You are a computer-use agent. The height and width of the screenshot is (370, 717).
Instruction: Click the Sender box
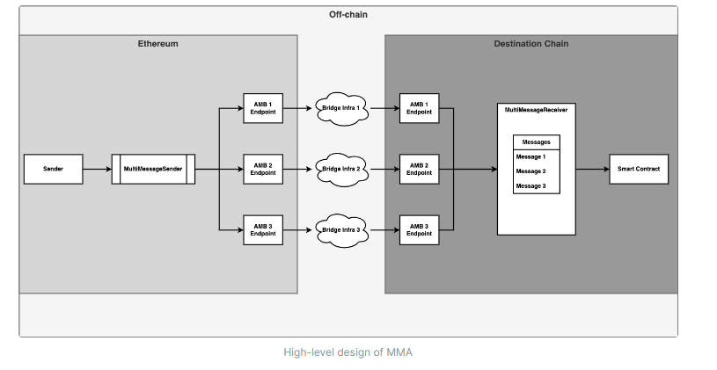coord(53,169)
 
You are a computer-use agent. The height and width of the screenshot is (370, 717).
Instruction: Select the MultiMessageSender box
coord(153,169)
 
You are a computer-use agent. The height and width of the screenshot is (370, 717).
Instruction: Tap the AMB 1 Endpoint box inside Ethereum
coord(262,108)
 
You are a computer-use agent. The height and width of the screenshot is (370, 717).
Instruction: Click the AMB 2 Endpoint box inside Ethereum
coord(262,169)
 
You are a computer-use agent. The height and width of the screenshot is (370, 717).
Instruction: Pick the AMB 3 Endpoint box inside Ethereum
coord(262,229)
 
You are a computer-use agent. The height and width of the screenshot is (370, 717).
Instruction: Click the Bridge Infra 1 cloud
coord(342,108)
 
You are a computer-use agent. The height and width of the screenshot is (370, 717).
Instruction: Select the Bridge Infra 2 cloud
coord(342,169)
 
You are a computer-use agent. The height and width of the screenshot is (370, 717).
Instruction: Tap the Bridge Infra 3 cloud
coord(342,229)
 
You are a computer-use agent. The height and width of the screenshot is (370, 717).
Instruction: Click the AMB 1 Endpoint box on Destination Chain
coord(419,108)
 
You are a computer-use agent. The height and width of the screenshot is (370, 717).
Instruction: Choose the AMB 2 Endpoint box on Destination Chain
coord(419,169)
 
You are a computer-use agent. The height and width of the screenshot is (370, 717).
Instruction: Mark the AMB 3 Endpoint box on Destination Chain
coord(419,229)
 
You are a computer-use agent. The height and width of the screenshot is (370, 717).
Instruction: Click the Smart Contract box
coord(639,169)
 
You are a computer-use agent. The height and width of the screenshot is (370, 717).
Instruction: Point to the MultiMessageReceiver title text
coord(536,111)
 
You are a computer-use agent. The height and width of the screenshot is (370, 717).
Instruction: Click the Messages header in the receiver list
coord(536,141)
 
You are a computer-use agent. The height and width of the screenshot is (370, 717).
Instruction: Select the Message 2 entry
coord(530,171)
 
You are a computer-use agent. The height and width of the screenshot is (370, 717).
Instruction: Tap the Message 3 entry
coord(530,186)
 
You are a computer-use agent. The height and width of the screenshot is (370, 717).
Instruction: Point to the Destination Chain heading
coord(530,43)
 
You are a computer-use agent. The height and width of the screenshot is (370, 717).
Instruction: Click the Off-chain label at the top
coord(348,14)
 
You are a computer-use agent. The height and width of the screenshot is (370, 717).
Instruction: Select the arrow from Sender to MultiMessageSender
coord(97,169)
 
